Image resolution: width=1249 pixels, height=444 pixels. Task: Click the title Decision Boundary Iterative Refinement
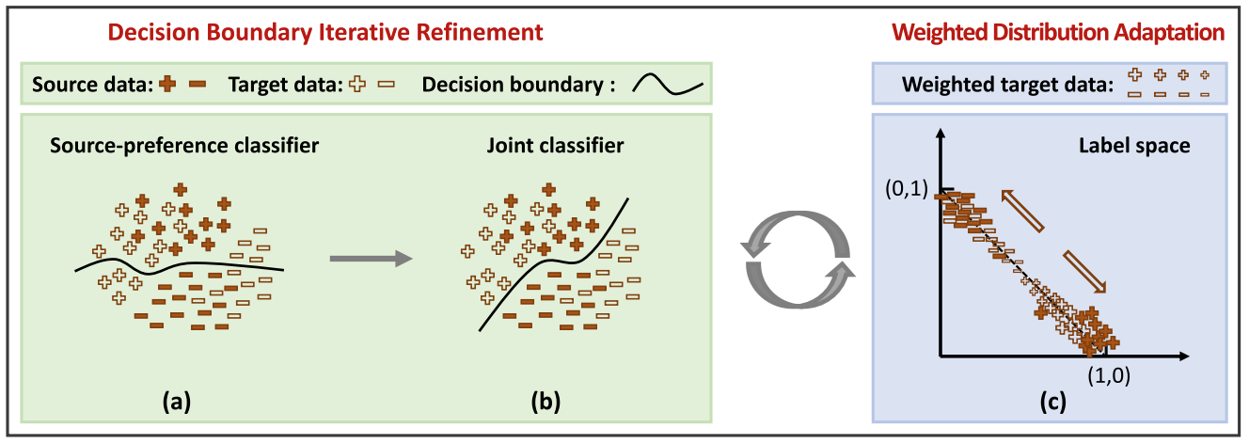(325, 32)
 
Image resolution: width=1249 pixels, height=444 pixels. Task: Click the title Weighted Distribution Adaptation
(1058, 32)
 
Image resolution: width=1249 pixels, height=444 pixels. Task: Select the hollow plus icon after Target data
(356, 84)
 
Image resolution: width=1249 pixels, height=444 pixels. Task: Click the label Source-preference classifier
(176, 147)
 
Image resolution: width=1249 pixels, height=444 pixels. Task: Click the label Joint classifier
(555, 147)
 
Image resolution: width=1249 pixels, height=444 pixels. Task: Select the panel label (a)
(178, 402)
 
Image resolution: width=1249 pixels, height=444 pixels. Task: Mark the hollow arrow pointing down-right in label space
(1085, 273)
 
